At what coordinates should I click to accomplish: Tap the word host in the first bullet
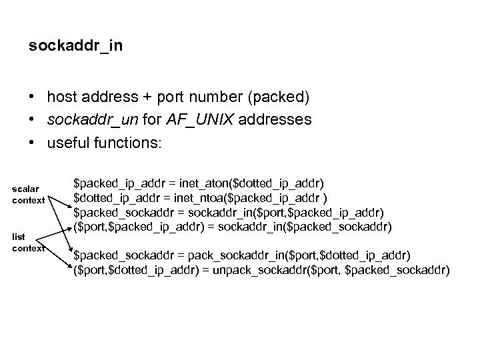[x=62, y=98]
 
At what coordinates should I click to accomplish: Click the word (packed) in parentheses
[x=279, y=98]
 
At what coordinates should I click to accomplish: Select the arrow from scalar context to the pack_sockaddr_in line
[x=59, y=227]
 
